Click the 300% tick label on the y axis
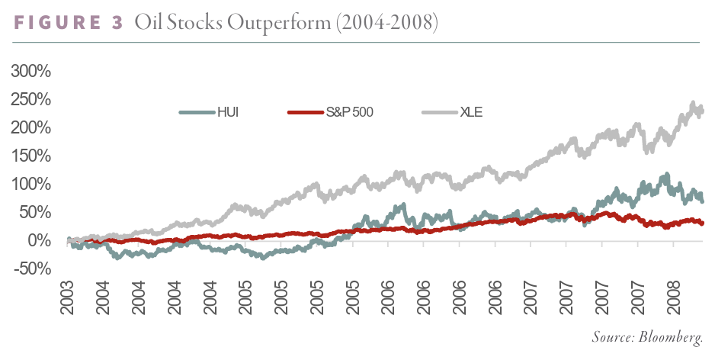coord(30,72)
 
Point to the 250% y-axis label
coord(30,100)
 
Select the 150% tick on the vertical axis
coord(30,156)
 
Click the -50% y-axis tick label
coord(30,268)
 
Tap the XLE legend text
coord(472,113)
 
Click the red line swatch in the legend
coord(304,113)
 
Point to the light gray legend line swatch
coord(438,113)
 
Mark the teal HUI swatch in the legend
coord(196,113)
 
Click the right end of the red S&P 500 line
coord(702,223)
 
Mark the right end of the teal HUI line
coord(702,201)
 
